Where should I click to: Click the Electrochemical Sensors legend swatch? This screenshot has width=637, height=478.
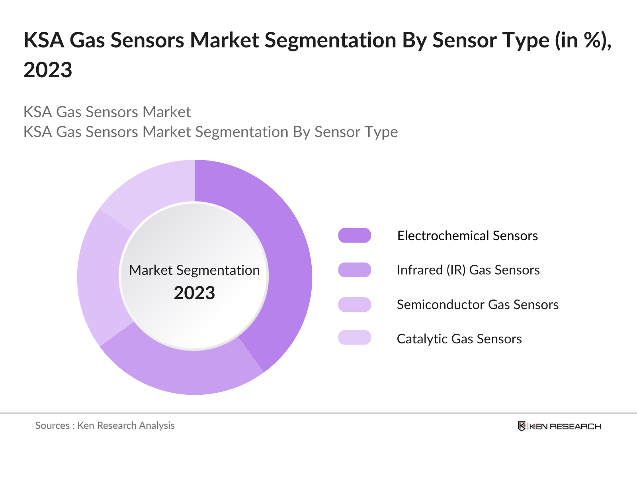click(x=354, y=235)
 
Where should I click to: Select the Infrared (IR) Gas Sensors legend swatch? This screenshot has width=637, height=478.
click(x=354, y=270)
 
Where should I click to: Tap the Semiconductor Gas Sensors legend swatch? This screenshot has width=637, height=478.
click(x=354, y=304)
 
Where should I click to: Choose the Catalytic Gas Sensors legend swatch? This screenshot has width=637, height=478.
click(x=354, y=338)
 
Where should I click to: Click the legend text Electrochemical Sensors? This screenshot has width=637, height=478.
click(x=467, y=236)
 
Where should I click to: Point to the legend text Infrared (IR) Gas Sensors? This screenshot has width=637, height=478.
click(x=468, y=270)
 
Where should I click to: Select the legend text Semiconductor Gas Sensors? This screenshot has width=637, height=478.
click(x=477, y=305)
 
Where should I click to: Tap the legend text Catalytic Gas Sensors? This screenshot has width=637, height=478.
click(x=459, y=339)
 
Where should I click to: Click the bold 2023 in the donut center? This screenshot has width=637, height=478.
click(x=194, y=293)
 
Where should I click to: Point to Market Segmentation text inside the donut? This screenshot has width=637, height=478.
click(x=194, y=270)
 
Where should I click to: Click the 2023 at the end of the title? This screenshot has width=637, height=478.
click(x=48, y=70)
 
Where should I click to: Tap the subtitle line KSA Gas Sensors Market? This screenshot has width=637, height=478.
click(x=107, y=112)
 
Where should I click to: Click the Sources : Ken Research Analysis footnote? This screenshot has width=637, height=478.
click(x=105, y=425)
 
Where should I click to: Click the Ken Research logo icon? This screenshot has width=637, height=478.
click(x=522, y=426)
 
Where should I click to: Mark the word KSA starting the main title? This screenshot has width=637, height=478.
click(x=44, y=41)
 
